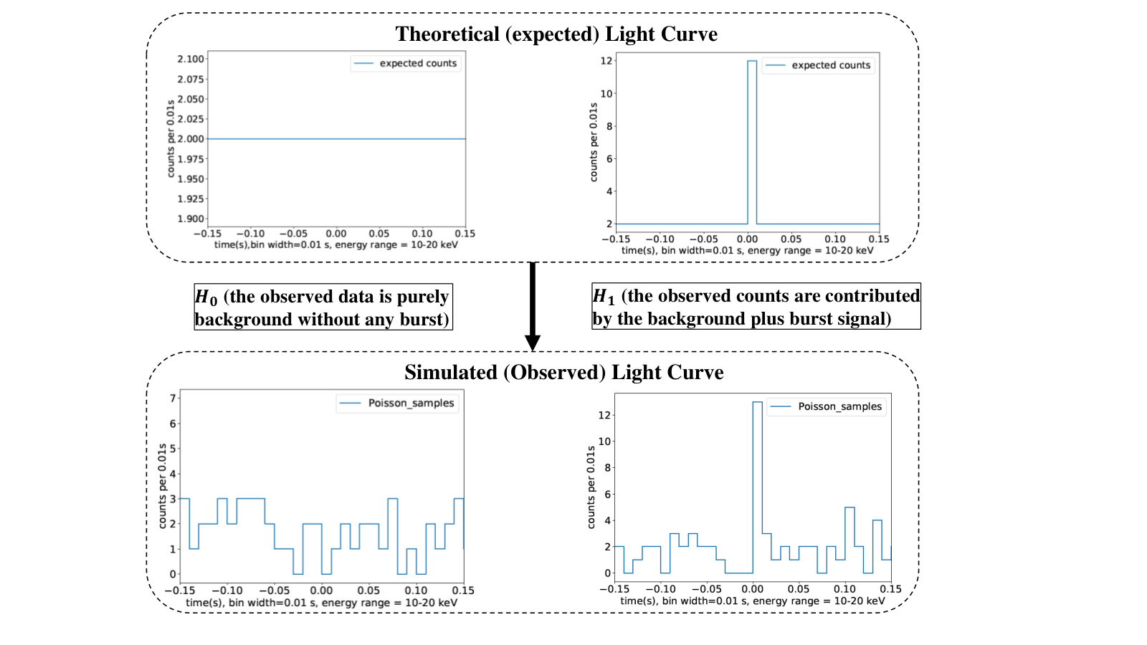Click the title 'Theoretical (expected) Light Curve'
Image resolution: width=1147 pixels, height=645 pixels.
pyautogui.click(x=556, y=34)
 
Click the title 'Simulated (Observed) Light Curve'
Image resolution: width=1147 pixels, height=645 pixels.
pyautogui.click(x=563, y=372)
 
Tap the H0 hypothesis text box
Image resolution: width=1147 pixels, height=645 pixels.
pyautogui.click(x=323, y=307)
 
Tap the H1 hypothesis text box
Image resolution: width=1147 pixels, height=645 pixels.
pyautogui.click(x=756, y=306)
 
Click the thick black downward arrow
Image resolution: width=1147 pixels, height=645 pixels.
pyautogui.click(x=533, y=306)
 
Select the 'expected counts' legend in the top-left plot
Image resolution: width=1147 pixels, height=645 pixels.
pyautogui.click(x=406, y=64)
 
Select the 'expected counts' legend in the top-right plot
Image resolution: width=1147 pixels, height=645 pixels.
pyautogui.click(x=818, y=65)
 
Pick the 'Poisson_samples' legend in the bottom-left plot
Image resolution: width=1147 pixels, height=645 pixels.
pyautogui.click(x=397, y=403)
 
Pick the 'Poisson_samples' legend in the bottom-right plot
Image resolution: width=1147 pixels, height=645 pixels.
pyautogui.click(x=826, y=406)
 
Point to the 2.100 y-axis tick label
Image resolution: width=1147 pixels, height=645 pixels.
pyautogui.click(x=191, y=59)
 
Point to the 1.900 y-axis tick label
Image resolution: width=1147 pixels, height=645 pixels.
pyautogui.click(x=191, y=219)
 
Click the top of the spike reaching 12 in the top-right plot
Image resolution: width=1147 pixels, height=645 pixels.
pyautogui.click(x=752, y=61)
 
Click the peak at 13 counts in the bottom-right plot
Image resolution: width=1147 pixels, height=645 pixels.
pyautogui.click(x=757, y=402)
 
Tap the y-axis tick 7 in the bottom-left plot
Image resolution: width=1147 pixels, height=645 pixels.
pyautogui.click(x=173, y=398)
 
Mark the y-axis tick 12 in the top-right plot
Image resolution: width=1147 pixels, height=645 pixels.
pyautogui.click(x=606, y=61)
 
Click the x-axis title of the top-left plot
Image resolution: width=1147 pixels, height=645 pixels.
pyautogui.click(x=336, y=244)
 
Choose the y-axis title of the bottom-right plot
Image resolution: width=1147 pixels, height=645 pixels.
pyautogui.click(x=591, y=487)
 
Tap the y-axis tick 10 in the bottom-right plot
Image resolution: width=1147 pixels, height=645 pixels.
pyautogui.click(x=605, y=441)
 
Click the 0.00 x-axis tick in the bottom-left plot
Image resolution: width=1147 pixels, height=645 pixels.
pyautogui.click(x=322, y=591)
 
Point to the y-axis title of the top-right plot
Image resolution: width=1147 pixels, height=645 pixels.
pyautogui.click(x=594, y=143)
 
